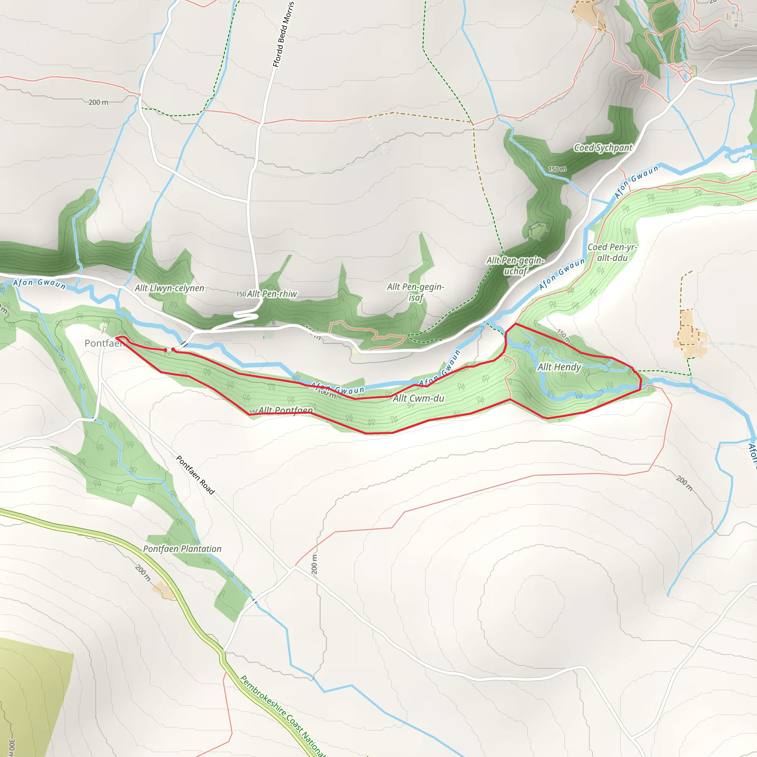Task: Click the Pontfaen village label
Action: click(104, 344)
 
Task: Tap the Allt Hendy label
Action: click(559, 367)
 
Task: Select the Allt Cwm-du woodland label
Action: click(418, 398)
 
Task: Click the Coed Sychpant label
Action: click(602, 148)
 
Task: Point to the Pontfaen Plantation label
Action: click(182, 549)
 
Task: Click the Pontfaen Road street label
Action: click(195, 475)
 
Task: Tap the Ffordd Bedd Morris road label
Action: click(283, 34)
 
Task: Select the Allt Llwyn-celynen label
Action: click(170, 288)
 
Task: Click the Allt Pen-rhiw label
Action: click(272, 294)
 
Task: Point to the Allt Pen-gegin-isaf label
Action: click(415, 292)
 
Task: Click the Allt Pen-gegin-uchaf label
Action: click(515, 266)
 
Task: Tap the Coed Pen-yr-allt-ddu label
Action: click(612, 252)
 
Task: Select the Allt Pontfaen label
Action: click(285, 410)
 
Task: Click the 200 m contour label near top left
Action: click(98, 102)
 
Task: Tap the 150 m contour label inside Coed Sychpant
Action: click(557, 169)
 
